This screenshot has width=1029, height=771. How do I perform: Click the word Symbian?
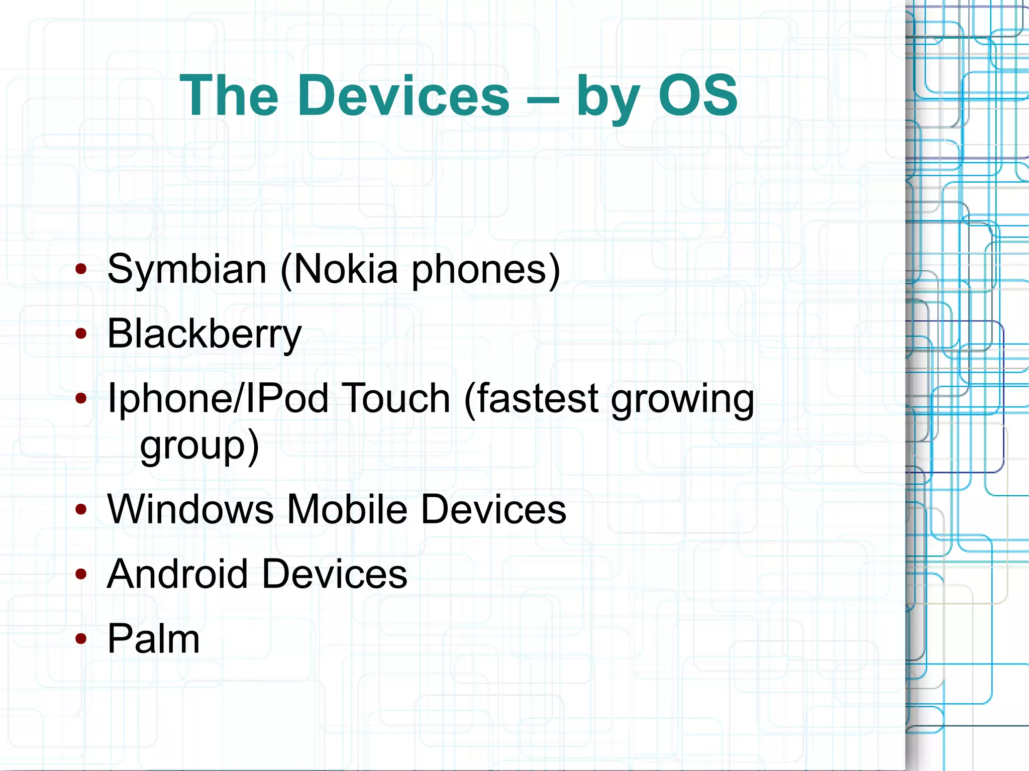pyautogui.click(x=186, y=270)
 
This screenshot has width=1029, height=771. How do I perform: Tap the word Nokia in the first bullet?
pyautogui.click(x=345, y=270)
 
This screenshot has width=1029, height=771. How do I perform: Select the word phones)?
pyautogui.click(x=486, y=270)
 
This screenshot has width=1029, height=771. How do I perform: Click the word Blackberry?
pyautogui.click(x=204, y=334)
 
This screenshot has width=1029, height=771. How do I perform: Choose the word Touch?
pyautogui.click(x=396, y=398)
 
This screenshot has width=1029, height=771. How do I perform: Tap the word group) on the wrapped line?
pyautogui.click(x=199, y=446)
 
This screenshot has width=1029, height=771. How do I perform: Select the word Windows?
pyautogui.click(x=190, y=509)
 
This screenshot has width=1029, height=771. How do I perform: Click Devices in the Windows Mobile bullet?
pyautogui.click(x=493, y=509)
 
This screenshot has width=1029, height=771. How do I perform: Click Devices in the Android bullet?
pyautogui.click(x=335, y=574)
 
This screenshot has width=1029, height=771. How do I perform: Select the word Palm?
pyautogui.click(x=154, y=639)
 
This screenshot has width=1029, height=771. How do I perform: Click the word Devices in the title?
pyautogui.click(x=403, y=95)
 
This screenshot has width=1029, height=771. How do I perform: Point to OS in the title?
pyautogui.click(x=698, y=95)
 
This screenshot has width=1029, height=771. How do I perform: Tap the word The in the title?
pyautogui.click(x=229, y=95)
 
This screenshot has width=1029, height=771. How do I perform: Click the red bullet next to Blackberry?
pyautogui.click(x=81, y=334)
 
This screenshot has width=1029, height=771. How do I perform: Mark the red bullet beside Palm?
pyautogui.click(x=81, y=639)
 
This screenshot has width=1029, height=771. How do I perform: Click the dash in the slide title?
pyautogui.click(x=543, y=98)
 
